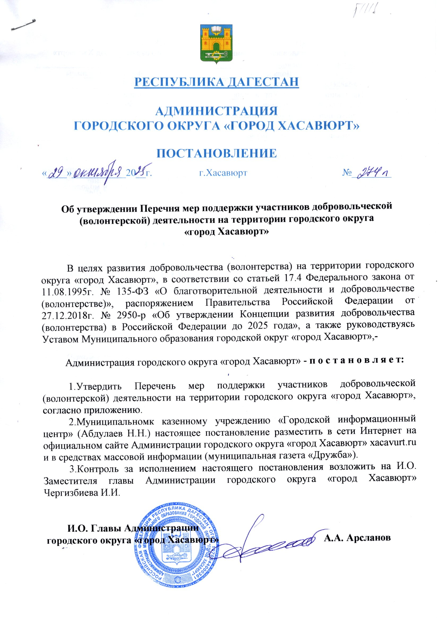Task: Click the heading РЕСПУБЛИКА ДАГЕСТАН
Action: (x=217, y=82)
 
